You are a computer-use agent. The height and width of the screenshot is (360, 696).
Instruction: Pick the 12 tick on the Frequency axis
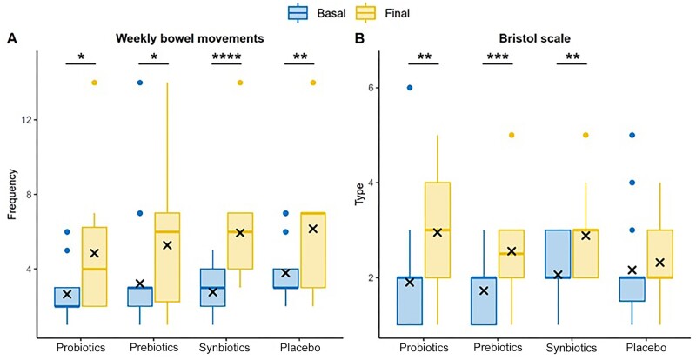(27, 119)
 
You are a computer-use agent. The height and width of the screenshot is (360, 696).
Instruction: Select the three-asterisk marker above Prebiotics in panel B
(497, 57)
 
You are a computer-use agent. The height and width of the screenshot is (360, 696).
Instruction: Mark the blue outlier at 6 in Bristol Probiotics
(411, 88)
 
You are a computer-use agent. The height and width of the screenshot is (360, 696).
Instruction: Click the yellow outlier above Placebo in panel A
(313, 83)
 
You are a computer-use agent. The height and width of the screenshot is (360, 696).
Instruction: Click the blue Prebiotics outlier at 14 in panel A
(139, 83)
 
